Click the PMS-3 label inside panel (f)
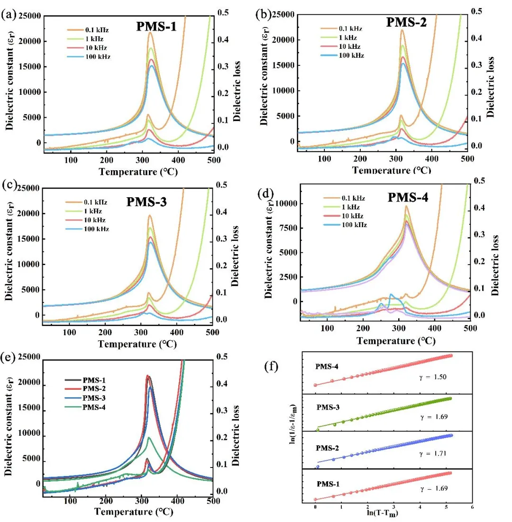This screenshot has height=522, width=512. point(328,406)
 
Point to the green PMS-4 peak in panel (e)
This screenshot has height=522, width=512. point(149,437)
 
